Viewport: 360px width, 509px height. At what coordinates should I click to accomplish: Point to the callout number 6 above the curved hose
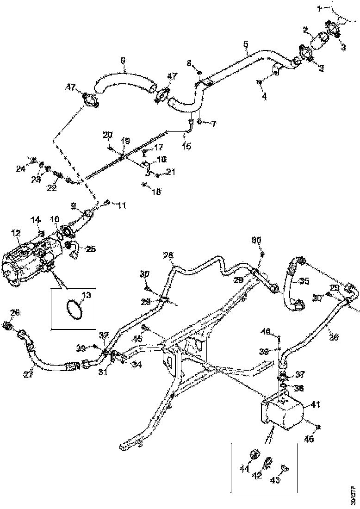pyautogui.click(x=123, y=60)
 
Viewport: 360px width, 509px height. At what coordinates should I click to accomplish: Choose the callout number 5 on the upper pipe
pyautogui.click(x=246, y=44)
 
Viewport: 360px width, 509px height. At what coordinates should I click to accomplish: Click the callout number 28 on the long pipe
pyautogui.click(x=168, y=255)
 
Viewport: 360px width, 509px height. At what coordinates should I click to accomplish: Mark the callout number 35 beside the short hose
pyautogui.click(x=304, y=280)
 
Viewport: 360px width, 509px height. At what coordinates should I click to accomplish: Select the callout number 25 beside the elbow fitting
pyautogui.click(x=91, y=249)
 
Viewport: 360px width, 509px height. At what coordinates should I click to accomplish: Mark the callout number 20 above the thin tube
pyautogui.click(x=107, y=135)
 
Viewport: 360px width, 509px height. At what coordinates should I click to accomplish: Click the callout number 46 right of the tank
pyautogui.click(x=309, y=439)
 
